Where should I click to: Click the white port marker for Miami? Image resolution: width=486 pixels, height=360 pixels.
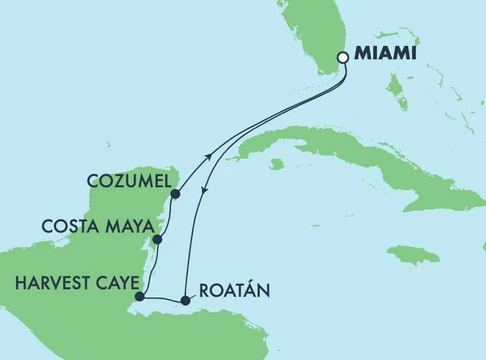(342, 57)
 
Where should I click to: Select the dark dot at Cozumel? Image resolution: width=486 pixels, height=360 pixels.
(174, 193)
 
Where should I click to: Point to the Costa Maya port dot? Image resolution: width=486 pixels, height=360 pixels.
(157, 239)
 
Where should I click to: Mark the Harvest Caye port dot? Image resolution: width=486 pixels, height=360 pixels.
(140, 296)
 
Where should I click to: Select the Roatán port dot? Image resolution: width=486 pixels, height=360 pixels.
(185, 300)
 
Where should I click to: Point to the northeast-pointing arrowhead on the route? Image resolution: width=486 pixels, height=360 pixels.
(208, 157)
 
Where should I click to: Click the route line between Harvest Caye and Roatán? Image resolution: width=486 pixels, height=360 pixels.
(162, 298)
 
